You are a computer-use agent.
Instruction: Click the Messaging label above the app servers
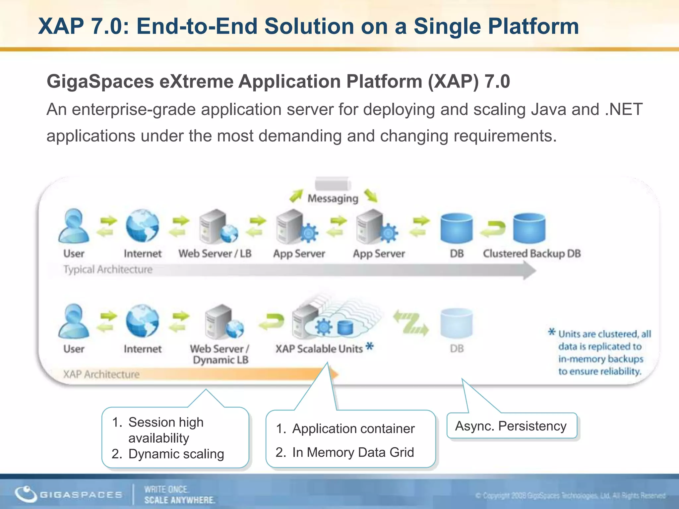click(x=333, y=198)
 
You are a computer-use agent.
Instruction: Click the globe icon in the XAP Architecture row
click(x=142, y=321)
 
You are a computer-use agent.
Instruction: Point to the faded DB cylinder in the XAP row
click(x=457, y=323)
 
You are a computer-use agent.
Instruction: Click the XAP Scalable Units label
click(x=319, y=349)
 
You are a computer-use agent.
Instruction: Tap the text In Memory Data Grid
click(x=353, y=452)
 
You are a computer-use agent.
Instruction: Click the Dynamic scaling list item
click(x=176, y=454)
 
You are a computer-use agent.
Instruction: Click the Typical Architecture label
click(x=108, y=269)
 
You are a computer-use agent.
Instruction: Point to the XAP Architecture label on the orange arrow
click(x=101, y=374)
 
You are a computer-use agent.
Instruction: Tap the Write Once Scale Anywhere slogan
click(x=179, y=495)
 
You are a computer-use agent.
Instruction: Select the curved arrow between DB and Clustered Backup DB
click(x=493, y=229)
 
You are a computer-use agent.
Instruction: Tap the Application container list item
click(x=353, y=429)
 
